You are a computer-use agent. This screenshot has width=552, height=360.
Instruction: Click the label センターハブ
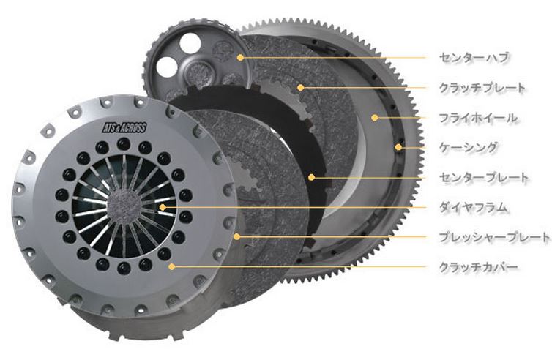(x=474, y=57)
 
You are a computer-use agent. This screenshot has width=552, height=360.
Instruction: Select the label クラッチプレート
(x=482, y=87)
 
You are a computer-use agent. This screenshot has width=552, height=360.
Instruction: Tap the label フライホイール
(x=478, y=118)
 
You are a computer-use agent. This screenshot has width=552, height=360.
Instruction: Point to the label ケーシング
(x=469, y=147)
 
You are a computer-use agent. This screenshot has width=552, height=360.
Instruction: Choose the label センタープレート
(x=484, y=177)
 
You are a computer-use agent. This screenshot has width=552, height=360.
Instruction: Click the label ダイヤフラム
(x=474, y=207)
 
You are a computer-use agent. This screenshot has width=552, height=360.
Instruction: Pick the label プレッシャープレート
(x=494, y=237)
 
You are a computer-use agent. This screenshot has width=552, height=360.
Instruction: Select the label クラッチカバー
(x=478, y=267)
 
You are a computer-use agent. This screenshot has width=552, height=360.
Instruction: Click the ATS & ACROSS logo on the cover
(x=124, y=127)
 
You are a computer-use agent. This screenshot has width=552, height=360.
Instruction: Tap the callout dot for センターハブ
(x=240, y=57)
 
